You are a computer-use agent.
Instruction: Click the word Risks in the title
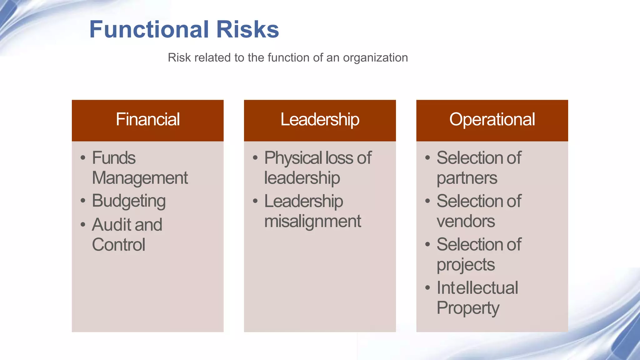[x=247, y=29]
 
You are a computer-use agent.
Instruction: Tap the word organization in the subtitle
[x=375, y=58]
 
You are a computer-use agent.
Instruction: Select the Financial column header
[x=147, y=119]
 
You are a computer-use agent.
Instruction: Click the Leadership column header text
[x=320, y=120]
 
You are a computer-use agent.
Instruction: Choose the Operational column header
[x=492, y=119]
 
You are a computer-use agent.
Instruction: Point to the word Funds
[x=114, y=158]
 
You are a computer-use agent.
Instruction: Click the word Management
[x=140, y=178]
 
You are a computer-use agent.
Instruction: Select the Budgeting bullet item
[x=128, y=201]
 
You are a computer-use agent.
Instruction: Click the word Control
[x=118, y=245]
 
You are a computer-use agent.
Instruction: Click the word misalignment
[x=312, y=222]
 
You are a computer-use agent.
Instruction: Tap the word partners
[x=467, y=178]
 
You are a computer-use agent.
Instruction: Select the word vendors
[x=466, y=222]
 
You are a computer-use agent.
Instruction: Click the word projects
[x=466, y=265]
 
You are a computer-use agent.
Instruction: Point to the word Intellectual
[x=477, y=288]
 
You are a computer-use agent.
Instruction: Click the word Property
[x=468, y=308]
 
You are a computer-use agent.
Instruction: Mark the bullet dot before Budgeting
[x=83, y=200]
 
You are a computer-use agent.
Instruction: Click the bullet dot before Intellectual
[x=427, y=287]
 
